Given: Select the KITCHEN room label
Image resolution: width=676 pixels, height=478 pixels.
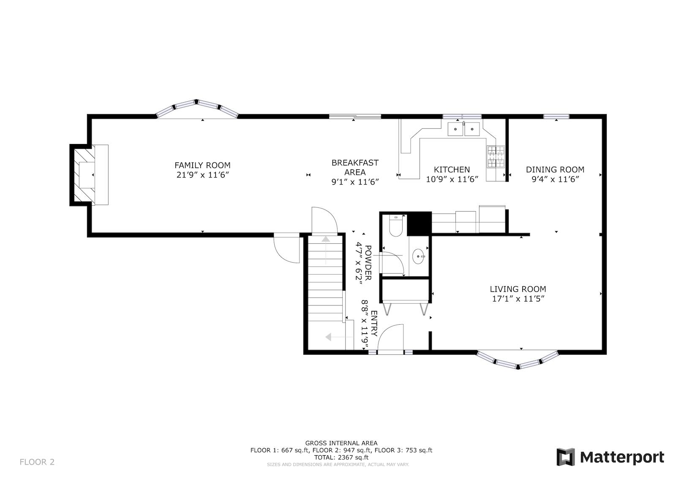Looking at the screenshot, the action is [452, 169].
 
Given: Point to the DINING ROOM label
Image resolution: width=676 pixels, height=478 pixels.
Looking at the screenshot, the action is [555, 169].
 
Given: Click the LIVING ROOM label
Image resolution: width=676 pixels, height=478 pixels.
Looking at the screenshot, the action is [518, 289].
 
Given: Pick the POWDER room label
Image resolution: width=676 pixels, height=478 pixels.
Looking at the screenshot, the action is [368, 263].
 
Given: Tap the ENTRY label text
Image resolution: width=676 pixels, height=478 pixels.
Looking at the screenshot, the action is [374, 323].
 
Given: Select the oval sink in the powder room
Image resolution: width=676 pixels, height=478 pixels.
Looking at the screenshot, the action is [418, 256].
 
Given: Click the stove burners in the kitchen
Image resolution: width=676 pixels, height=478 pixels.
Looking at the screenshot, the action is [496, 157].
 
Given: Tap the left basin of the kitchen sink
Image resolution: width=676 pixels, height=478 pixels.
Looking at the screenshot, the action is [455, 129].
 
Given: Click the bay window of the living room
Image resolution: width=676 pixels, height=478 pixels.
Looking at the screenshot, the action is [518, 360].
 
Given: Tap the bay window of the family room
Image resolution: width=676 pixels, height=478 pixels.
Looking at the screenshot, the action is [197, 109].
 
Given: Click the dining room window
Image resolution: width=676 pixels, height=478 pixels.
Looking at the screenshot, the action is [556, 117].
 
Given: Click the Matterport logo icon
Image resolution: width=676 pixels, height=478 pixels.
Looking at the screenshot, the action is [565, 457].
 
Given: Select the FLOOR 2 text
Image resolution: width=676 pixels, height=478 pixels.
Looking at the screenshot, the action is [37, 462].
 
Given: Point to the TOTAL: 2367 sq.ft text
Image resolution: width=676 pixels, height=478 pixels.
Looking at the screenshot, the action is [341, 457].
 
